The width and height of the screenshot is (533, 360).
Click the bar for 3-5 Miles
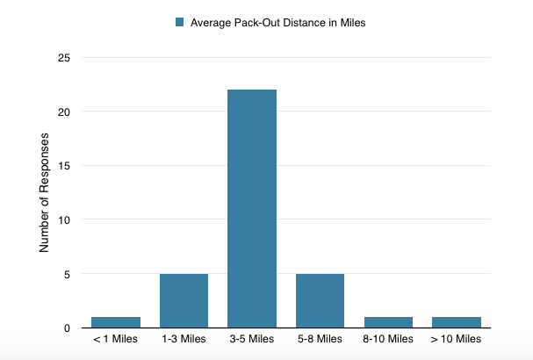252,208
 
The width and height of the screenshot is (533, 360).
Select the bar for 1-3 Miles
184,300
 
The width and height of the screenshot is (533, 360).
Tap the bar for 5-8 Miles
320,300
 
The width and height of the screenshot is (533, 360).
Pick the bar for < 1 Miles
116,321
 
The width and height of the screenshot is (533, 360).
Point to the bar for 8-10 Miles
388,321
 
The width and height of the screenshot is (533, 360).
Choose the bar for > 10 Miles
456,321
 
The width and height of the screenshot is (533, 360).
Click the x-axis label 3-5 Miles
252,339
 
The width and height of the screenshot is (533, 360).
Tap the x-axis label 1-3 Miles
184,339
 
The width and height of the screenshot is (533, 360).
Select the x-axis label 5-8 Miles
320,339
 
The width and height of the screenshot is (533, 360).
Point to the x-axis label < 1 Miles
115,339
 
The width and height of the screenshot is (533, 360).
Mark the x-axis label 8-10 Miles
388,339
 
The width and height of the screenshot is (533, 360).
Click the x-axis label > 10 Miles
456,339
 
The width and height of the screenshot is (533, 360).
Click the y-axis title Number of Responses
44,192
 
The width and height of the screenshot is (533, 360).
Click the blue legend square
181,23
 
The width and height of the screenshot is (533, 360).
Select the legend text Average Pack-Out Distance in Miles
277,23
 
